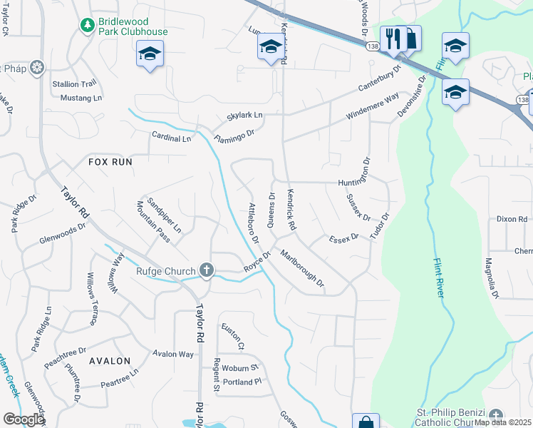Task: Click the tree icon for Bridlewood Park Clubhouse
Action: [87, 26]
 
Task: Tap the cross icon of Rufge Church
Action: [207, 270]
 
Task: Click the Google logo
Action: [24, 419]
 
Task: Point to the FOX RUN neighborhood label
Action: [110, 162]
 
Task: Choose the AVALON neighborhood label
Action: [110, 361]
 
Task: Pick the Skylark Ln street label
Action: [244, 115]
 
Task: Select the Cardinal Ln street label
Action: [171, 137]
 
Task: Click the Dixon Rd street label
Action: [512, 219]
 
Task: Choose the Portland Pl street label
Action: [237, 382]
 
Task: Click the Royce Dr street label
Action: [259, 260]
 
